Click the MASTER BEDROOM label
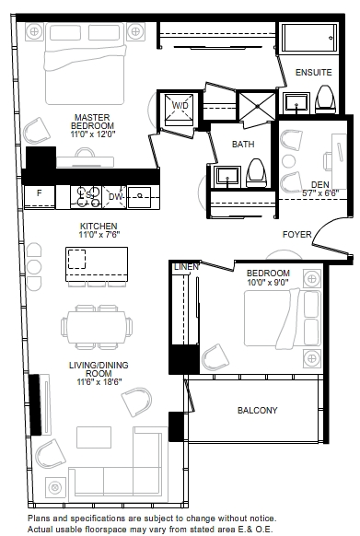[x=92, y=122]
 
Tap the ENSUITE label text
[x=314, y=73]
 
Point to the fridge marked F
[x=40, y=197]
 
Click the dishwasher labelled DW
[x=114, y=197]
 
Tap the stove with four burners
[x=87, y=197]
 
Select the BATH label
[x=243, y=145]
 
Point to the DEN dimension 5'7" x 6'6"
[x=320, y=192]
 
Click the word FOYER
[x=296, y=235]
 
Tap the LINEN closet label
[x=186, y=267]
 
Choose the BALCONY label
[x=258, y=410]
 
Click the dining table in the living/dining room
[x=97, y=327]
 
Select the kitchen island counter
[x=97, y=264]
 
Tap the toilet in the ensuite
[x=325, y=99]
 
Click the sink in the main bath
[x=227, y=177]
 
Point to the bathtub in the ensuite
[x=309, y=38]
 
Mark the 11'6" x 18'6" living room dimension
[x=99, y=382]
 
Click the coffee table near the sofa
[x=94, y=437]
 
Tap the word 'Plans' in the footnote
[x=40, y=519]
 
